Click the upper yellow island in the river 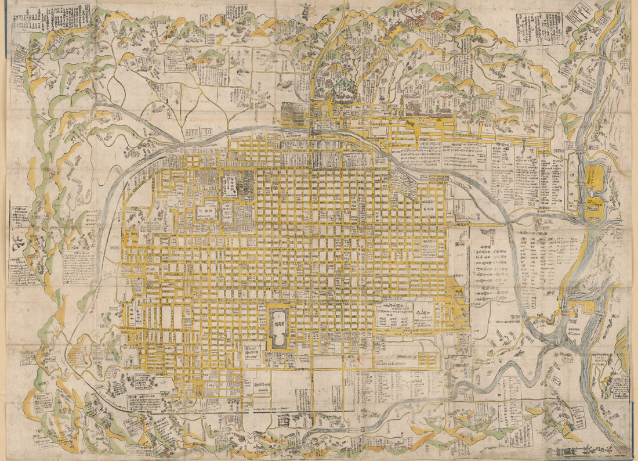tap(593, 177)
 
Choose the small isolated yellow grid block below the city tap(427, 360)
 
